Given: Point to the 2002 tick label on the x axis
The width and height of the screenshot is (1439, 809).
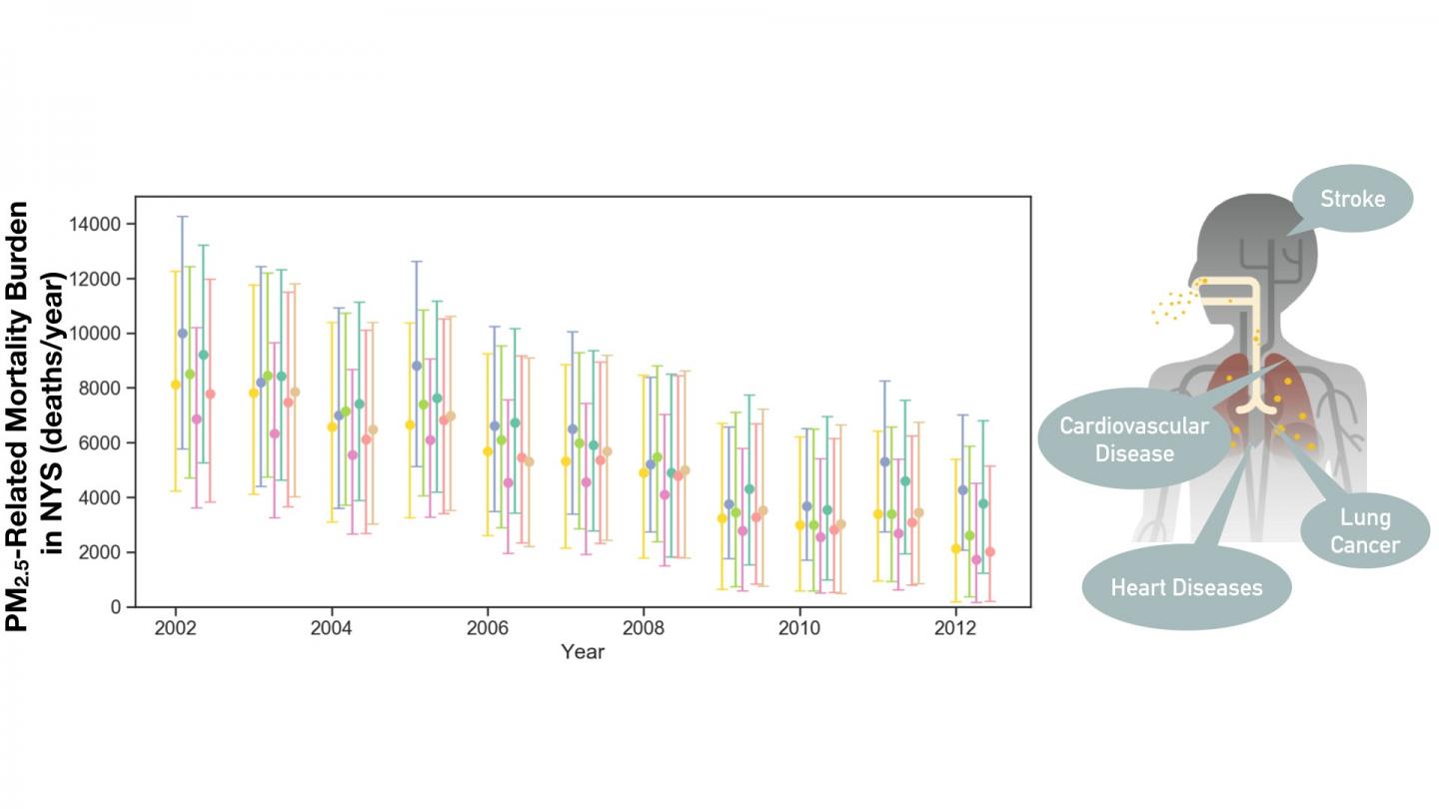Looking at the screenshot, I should pos(175,626).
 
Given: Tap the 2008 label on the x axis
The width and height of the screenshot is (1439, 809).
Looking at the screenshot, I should pos(643,626).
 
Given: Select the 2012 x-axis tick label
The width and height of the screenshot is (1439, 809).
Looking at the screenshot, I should pos(954,626).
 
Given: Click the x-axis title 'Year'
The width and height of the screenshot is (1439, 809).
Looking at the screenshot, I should pos(583,652).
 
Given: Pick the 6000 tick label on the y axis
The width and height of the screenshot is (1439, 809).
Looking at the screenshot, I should pos(101,442).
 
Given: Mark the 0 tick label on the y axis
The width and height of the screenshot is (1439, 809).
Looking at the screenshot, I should pos(116,606).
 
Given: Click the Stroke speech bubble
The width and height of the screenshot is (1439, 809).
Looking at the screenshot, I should pos(1352,199).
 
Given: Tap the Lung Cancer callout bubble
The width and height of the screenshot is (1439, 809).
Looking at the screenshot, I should pos(1364,530).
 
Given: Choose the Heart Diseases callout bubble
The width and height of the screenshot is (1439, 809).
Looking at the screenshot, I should pos(1186,586).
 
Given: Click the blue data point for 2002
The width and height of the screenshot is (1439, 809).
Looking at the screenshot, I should pos(182,334).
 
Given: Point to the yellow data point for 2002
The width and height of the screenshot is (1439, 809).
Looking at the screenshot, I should pos(175,385).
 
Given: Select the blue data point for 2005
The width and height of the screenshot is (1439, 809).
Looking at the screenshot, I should pos(417,366).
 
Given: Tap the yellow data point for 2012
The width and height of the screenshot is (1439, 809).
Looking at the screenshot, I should pos(955,548).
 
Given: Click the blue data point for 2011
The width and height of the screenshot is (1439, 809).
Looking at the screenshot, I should pos(884,461).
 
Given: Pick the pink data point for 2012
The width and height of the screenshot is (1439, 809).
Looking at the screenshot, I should pos(976,559).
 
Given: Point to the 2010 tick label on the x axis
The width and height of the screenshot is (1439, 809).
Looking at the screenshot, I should pos(798,626).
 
